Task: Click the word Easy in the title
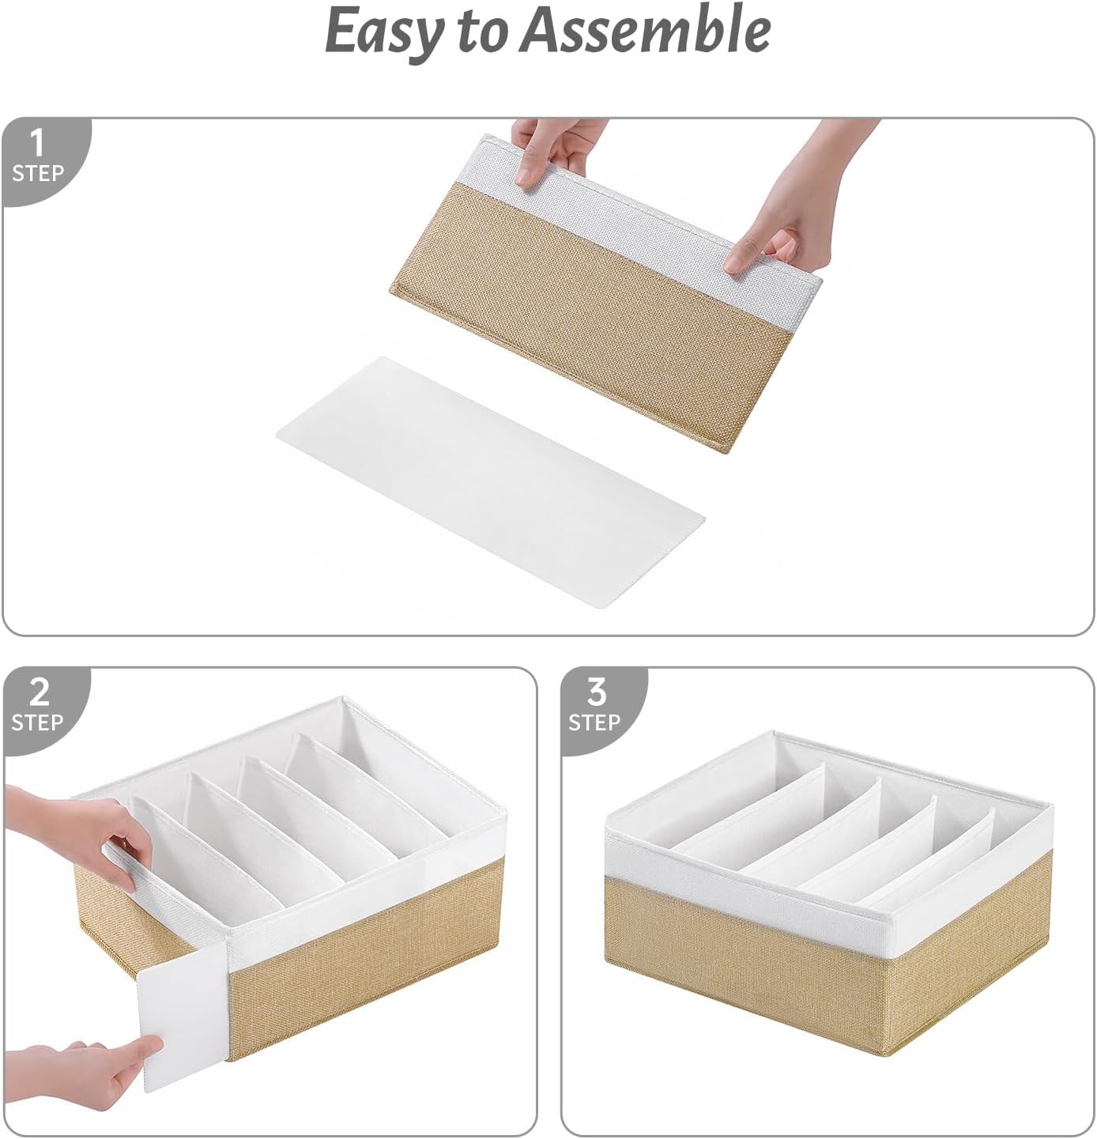[384, 32]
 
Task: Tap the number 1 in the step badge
[36, 143]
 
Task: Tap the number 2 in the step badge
[38, 692]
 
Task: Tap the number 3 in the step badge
[596, 692]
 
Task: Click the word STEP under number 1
[38, 173]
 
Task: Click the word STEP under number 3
[594, 722]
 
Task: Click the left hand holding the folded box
[553, 150]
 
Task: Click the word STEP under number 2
[38, 722]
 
